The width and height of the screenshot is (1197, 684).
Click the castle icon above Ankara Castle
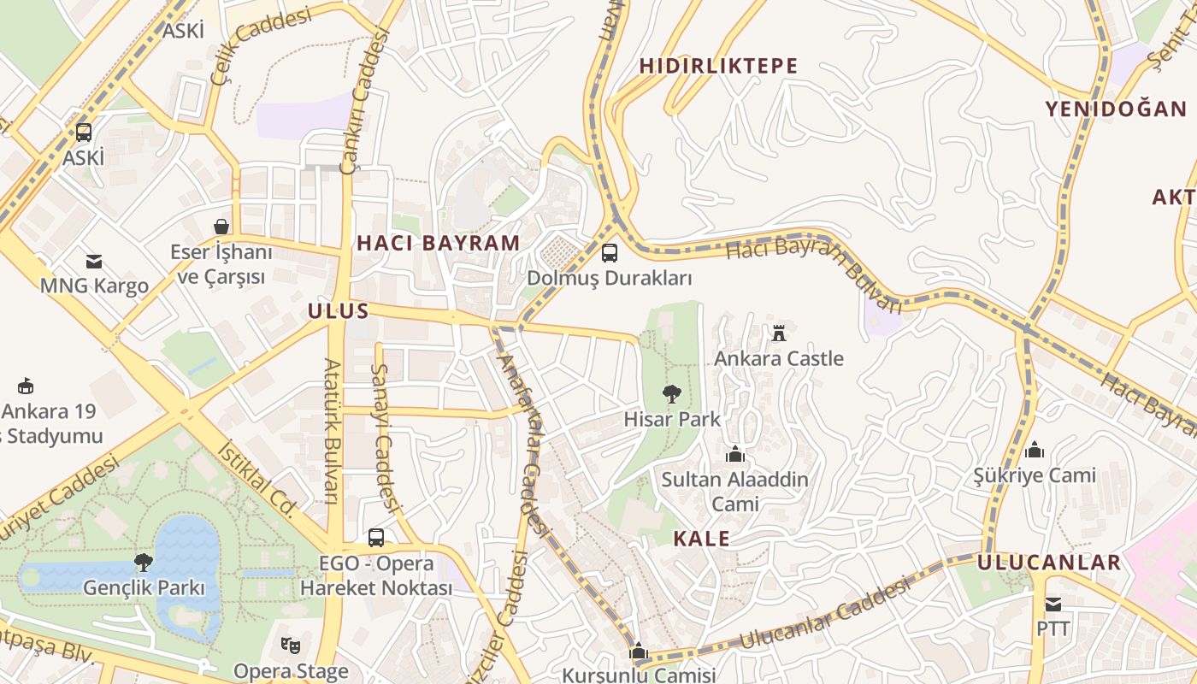tap(778, 332)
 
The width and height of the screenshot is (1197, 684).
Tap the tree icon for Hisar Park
tap(672, 394)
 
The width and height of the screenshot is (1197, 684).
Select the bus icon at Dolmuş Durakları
tap(609, 253)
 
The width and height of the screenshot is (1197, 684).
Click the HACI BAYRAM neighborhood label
tap(438, 243)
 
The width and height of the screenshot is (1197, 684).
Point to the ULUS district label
tap(339, 311)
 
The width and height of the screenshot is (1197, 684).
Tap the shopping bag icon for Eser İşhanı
tap(221, 227)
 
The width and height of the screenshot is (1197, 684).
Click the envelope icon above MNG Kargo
tap(94, 261)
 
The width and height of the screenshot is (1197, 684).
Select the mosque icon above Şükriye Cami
tap(1035, 450)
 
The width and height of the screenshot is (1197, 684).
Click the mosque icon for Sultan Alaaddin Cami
tap(734, 454)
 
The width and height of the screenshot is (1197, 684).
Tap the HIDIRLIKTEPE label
tap(718, 66)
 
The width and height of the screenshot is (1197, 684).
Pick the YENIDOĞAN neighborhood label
tap(1116, 109)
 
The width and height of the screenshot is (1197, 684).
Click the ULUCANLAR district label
tap(1048, 563)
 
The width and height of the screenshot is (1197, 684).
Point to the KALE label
tap(701, 539)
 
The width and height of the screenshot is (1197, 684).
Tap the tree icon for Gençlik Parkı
tap(144, 563)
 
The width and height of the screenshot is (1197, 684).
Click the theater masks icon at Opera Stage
tap(291, 646)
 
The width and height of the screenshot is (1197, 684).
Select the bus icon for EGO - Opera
tap(376, 538)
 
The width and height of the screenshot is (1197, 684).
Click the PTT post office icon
tap(1053, 604)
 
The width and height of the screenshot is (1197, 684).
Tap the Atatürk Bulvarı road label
tap(332, 432)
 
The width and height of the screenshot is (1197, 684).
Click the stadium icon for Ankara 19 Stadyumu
tap(25, 386)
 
